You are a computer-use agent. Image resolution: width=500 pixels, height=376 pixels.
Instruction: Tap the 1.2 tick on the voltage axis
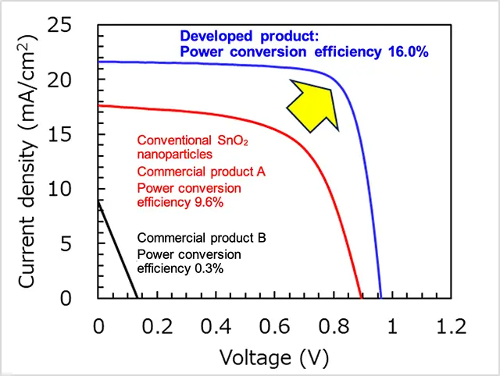pos(451,325)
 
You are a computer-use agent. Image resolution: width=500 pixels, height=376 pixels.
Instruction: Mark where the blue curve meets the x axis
pos(380,298)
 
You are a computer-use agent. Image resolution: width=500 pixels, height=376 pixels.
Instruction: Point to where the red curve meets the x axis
pos(361,298)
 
